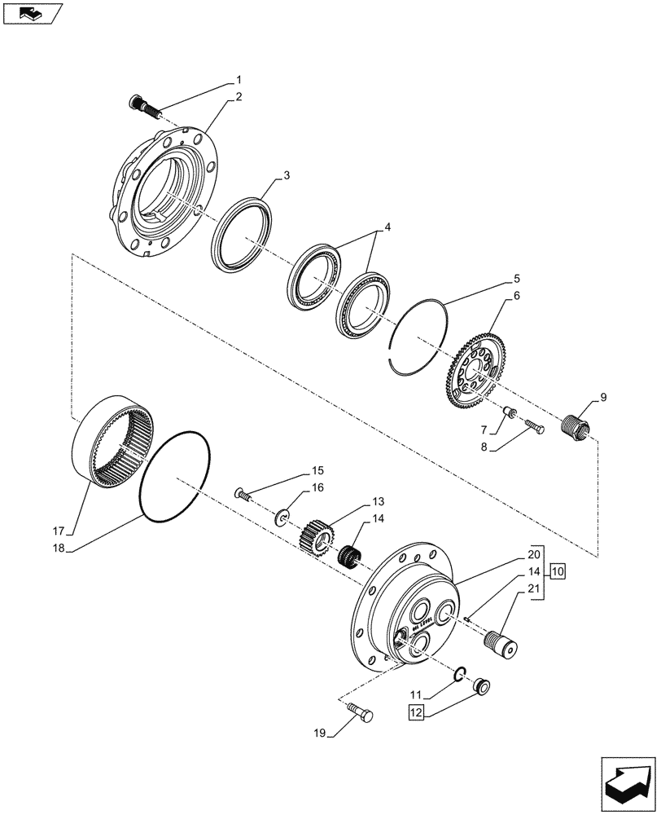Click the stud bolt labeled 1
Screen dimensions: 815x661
coord(142,104)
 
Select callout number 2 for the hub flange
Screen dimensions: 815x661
coord(239,97)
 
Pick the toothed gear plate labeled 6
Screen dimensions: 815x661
coord(474,366)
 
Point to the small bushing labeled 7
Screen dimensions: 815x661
coord(508,413)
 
